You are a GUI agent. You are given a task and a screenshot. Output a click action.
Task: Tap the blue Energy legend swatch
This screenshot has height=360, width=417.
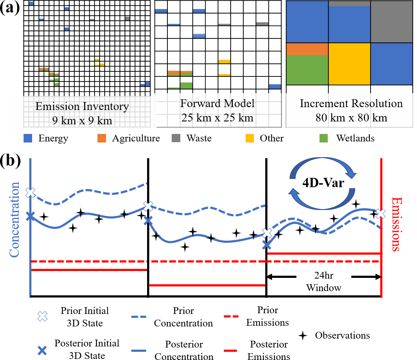point(28,138)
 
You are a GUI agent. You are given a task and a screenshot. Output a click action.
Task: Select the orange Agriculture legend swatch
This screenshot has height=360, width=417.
point(102,138)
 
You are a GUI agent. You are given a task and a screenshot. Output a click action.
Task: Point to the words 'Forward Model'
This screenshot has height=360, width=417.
point(217,104)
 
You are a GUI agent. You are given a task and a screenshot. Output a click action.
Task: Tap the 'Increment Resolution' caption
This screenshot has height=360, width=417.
point(351,104)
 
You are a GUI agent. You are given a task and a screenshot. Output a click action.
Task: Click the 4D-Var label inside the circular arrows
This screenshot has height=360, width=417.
point(323,184)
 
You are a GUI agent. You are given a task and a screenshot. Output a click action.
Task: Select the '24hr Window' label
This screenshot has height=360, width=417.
point(324,282)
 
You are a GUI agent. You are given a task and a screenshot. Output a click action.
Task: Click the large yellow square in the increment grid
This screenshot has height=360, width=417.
point(349,64)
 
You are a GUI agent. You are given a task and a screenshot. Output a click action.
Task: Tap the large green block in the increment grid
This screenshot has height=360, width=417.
point(307,70)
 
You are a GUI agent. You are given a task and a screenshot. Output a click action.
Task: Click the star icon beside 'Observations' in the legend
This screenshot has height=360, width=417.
point(303,335)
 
